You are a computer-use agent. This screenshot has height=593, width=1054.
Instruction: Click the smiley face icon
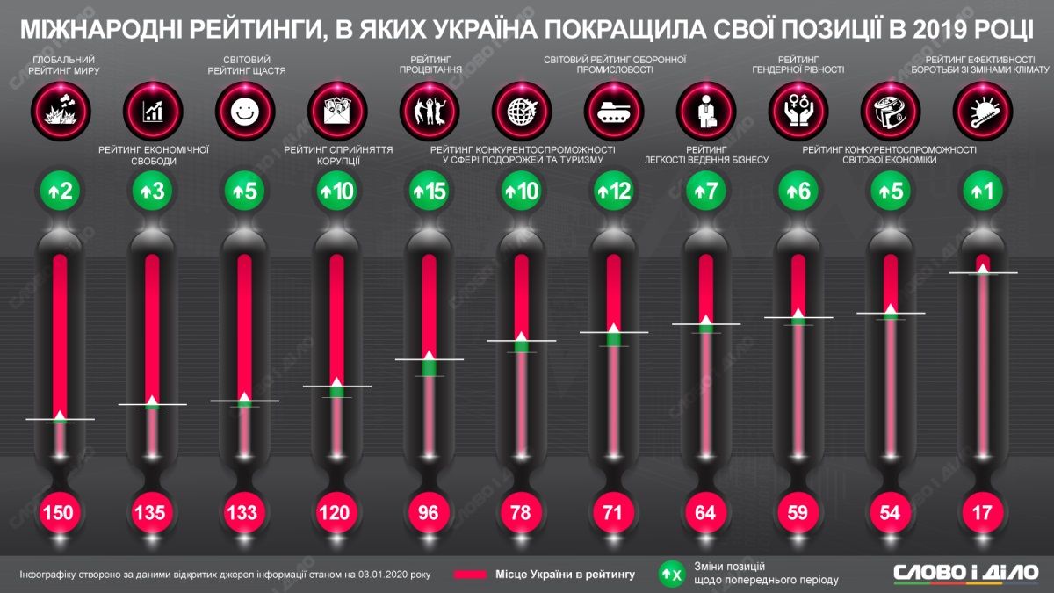tap(244, 111)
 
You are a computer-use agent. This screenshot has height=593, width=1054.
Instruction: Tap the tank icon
tap(613, 111)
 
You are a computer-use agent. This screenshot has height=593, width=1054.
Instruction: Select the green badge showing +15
tap(429, 190)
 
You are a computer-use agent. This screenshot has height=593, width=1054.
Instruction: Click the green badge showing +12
tap(613, 190)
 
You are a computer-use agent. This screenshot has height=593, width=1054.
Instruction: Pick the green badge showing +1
tap(982, 190)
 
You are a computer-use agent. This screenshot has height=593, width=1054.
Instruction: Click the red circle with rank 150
tap(60, 511)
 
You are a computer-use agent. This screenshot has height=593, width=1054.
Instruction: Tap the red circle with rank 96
tap(429, 511)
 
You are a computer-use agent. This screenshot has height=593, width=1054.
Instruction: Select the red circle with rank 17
tap(982, 511)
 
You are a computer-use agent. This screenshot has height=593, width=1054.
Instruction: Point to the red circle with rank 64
tap(705, 511)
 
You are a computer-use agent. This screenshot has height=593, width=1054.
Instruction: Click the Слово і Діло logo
tap(964, 572)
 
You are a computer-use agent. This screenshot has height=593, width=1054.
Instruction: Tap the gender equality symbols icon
tap(798, 111)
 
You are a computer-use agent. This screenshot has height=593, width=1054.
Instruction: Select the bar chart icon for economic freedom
tap(152, 111)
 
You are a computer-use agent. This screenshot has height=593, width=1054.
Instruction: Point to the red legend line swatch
tap(484, 575)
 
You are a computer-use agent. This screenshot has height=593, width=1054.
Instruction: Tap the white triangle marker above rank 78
tap(521, 336)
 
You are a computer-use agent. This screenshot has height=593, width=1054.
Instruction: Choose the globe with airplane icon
tap(521, 111)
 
